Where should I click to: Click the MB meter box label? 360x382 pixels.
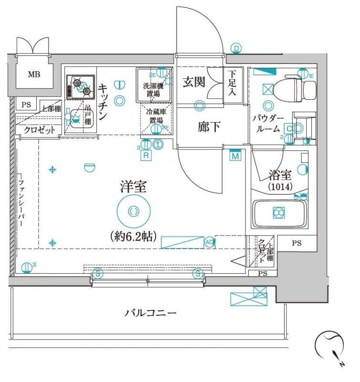[33, 74]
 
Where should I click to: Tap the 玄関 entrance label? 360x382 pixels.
[195, 82]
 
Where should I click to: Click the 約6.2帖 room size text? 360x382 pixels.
[133, 235]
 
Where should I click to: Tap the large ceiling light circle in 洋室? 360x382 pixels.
[134, 210]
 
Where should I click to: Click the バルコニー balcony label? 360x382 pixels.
[151, 313]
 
